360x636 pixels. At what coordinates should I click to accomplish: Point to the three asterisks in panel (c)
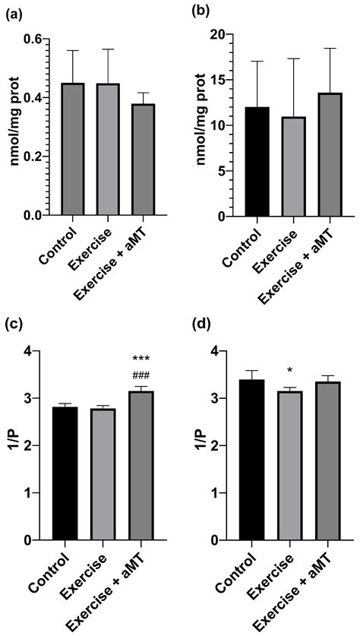(x=142, y=359)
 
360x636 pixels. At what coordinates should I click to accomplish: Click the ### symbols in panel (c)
(x=142, y=375)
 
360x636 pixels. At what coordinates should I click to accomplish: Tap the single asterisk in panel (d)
(x=290, y=372)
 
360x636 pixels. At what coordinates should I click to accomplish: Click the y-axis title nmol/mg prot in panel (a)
(x=12, y=126)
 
